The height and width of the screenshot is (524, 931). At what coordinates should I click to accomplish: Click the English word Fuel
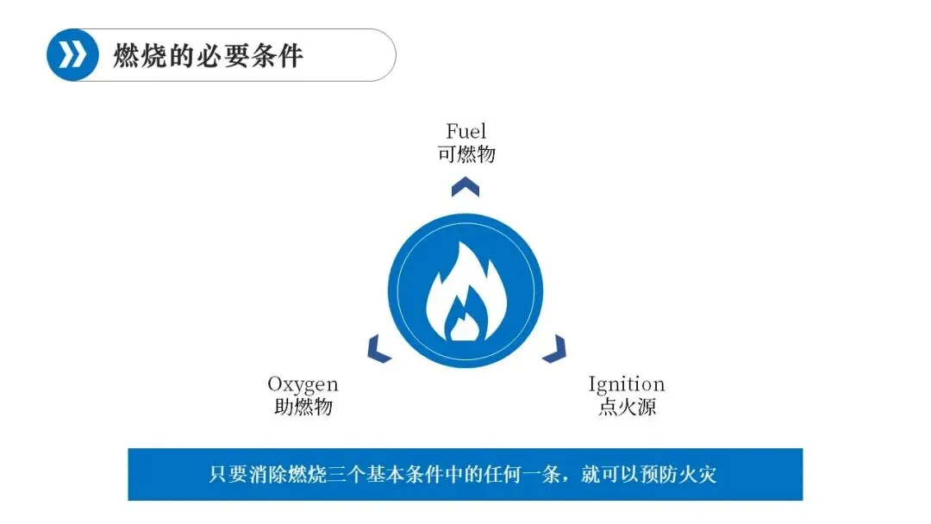coord(465,131)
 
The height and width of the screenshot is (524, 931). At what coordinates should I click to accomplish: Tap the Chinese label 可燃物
coord(465,154)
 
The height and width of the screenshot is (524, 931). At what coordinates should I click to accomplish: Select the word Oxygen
coord(303,384)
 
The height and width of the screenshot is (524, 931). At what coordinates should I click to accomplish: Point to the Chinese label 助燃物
coord(303,407)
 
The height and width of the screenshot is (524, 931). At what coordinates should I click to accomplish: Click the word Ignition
coord(627,384)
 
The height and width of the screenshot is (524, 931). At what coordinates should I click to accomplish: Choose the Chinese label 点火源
coord(627,407)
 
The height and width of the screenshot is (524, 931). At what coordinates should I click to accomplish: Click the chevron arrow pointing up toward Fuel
coord(465,185)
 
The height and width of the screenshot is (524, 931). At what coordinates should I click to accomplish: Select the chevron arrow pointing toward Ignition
coord(553,348)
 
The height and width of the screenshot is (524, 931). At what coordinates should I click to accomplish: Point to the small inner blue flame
coord(465,321)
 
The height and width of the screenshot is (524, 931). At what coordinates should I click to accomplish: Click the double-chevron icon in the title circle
coord(72,55)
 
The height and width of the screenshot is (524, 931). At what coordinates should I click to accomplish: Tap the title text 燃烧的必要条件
coord(208,56)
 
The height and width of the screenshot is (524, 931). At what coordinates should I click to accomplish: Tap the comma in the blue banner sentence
coord(565,477)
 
